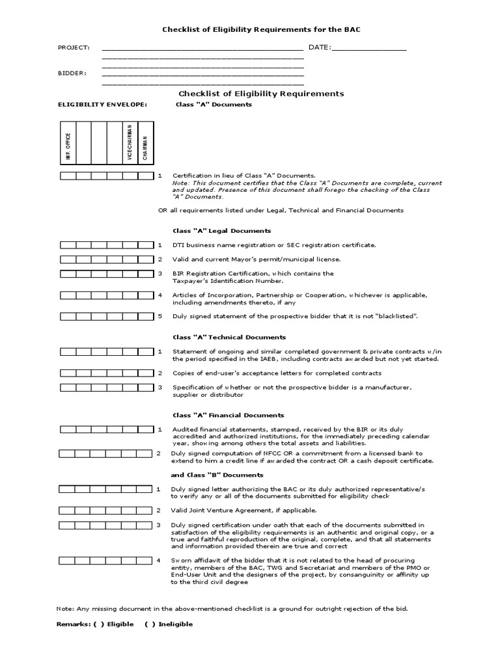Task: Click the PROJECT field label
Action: [74, 48]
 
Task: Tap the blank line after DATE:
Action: [369, 48]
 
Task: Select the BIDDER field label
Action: [72, 73]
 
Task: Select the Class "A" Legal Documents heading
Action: [221, 231]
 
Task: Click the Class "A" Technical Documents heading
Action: [229, 338]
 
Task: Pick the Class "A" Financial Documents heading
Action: [228, 415]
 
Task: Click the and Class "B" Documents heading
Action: [216, 474]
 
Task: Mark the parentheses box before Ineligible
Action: [149, 624]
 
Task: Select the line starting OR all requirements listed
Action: [281, 210]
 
